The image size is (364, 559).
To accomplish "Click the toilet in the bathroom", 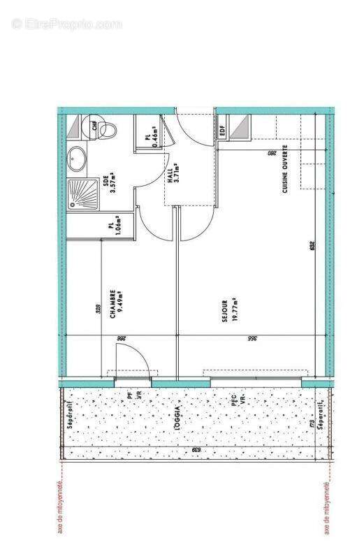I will tap(104, 129).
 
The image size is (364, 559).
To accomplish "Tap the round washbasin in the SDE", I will tap(77, 159).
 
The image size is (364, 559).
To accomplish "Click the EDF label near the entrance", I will tap(223, 131).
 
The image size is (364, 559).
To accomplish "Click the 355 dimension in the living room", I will tap(252, 338).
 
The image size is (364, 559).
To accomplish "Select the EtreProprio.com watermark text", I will tap(66, 24).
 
